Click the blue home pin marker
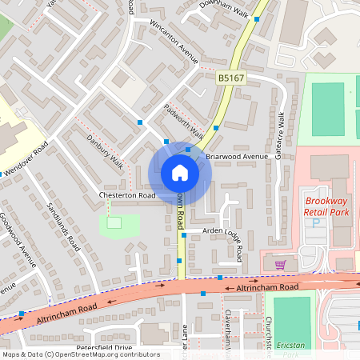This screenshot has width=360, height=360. point(179,173)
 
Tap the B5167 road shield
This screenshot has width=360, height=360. point(230,78)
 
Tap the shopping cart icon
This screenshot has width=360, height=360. point(280,263)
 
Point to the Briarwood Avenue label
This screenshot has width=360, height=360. point(236,156)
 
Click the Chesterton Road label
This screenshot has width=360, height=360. point(126,195)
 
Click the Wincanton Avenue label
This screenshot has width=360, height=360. point(174,40)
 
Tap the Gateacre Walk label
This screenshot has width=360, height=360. point(280,134)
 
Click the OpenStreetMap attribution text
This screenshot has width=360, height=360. point(80,354)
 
